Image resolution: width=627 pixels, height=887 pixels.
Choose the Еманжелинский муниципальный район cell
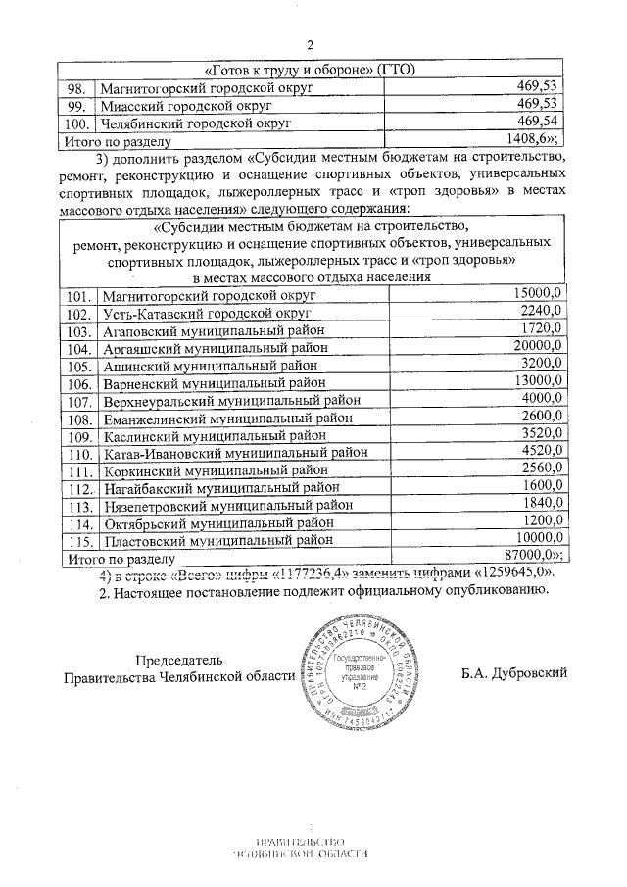click(227, 419)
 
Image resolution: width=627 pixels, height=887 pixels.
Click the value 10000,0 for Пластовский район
click(537, 538)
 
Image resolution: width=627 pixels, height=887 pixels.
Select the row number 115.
click(80, 539)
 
